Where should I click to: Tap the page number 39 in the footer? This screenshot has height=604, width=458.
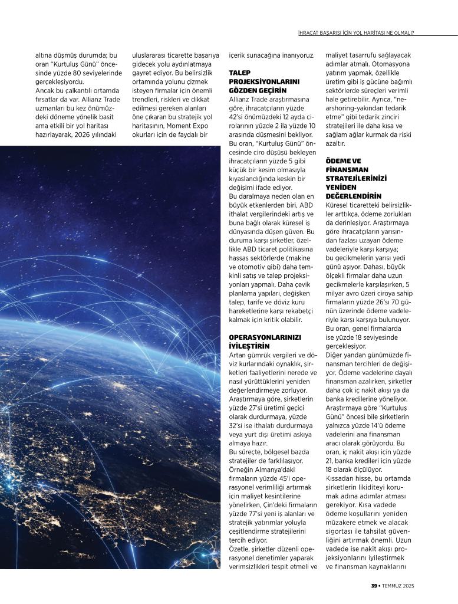coord(374,586)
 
